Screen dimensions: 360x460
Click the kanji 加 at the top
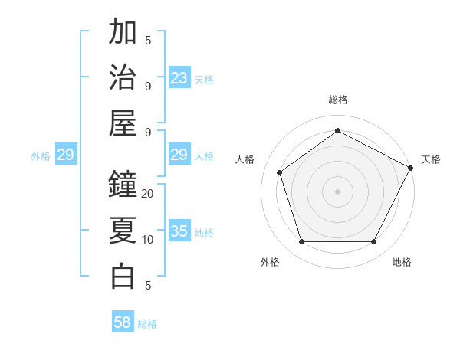[x=123, y=32]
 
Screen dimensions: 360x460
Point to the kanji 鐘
[x=123, y=184]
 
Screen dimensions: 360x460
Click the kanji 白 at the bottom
[x=123, y=276]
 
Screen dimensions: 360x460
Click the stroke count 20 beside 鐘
[x=148, y=193]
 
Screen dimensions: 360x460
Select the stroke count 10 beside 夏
[x=148, y=240]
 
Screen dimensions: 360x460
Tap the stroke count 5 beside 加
[x=148, y=41]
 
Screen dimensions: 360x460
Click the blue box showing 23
[x=179, y=77]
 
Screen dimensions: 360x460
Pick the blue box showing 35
[x=179, y=231]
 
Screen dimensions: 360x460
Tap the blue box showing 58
[x=123, y=322]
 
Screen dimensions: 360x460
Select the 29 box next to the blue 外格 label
[x=65, y=155]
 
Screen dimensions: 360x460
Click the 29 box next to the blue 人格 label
[x=179, y=155]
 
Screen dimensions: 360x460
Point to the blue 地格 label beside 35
[x=204, y=232]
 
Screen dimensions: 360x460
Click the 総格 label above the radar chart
[x=337, y=100]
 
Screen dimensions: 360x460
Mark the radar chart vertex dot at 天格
[x=411, y=169]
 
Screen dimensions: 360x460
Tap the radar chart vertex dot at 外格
[x=301, y=242]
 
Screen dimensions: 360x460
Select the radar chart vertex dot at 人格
[x=279, y=172]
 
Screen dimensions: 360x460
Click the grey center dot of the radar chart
[x=337, y=191]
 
